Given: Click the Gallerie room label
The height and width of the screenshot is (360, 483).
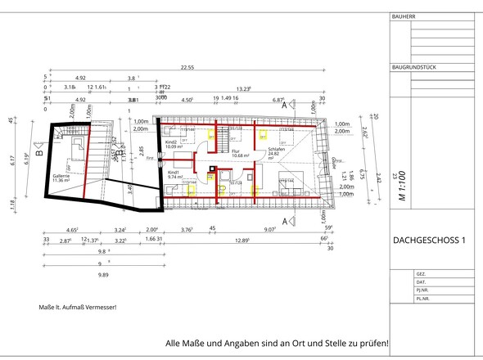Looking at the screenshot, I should pos(61,177).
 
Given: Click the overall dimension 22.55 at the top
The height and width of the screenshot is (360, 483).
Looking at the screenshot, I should pos(187,67).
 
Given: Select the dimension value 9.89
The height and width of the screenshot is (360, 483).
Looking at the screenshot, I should pos(103,276).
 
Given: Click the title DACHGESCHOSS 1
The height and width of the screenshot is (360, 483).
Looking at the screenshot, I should pos(429,240).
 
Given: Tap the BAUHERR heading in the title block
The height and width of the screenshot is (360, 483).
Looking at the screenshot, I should pos(405,16).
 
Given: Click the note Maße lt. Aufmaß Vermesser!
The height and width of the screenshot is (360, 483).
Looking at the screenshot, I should pos(79,307).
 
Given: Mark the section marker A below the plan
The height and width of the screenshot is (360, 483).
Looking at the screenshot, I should pos(284,221).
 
